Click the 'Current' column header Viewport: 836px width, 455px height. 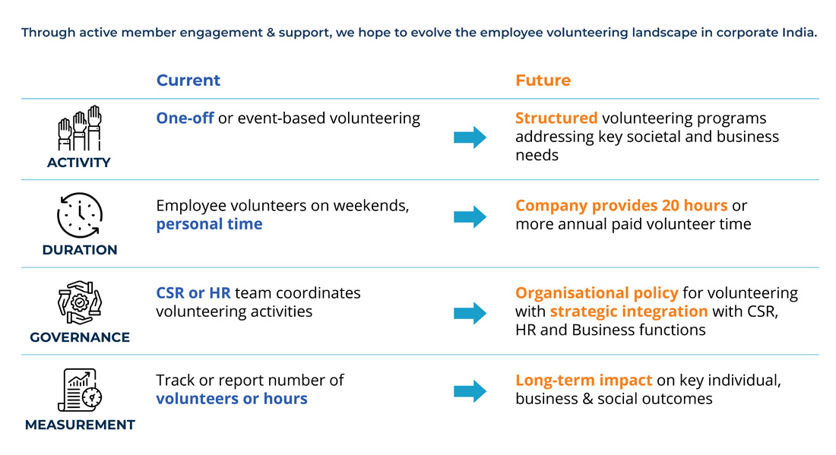(x=188, y=81)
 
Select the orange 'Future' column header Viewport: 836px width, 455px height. (x=543, y=81)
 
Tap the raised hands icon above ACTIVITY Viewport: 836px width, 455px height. (x=80, y=128)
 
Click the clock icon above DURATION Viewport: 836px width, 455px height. (x=80, y=215)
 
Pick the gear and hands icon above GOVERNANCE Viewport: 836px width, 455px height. (x=80, y=302)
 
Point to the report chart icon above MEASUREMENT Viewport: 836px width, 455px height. (x=80, y=390)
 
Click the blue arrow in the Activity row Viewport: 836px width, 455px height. (x=470, y=137)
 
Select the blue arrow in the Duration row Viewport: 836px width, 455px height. (x=470, y=216)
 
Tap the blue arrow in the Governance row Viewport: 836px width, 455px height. (x=470, y=313)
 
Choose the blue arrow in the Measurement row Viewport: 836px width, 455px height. (x=470, y=392)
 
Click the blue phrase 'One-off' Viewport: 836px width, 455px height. (x=185, y=118)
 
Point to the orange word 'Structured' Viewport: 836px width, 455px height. (x=556, y=118)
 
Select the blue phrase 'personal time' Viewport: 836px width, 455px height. (x=209, y=224)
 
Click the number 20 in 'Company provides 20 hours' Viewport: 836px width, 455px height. (x=670, y=205)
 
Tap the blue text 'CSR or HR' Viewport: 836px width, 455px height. (x=193, y=292)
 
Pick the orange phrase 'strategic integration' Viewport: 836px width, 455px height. (x=629, y=311)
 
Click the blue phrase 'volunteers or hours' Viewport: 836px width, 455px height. (x=231, y=399)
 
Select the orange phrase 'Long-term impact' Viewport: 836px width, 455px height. (x=583, y=381)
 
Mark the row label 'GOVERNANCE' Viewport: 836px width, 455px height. (x=80, y=337)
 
